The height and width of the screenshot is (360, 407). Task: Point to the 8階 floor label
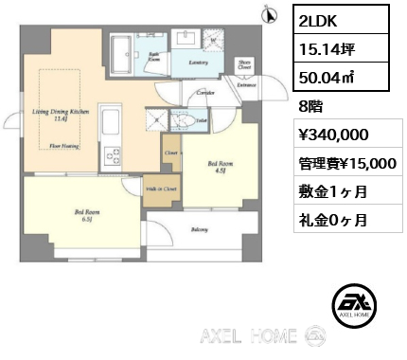pos(310,107)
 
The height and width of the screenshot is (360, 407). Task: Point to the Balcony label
pos(200,230)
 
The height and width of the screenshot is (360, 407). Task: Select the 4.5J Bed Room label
pos(217,166)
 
